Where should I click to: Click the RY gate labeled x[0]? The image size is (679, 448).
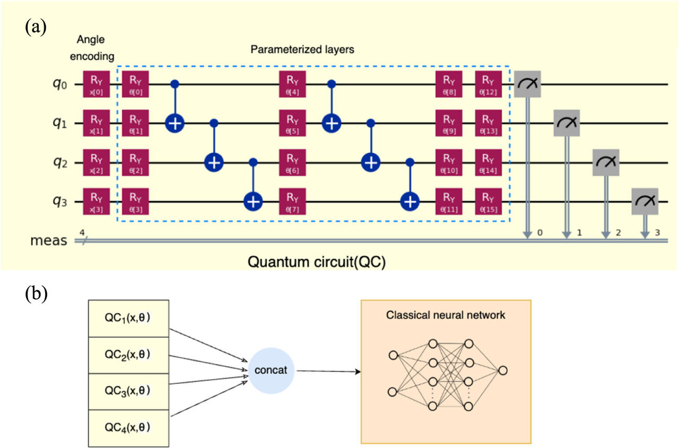click(x=96, y=84)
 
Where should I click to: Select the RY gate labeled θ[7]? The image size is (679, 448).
click(x=293, y=201)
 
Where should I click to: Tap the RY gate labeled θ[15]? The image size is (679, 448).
click(x=489, y=201)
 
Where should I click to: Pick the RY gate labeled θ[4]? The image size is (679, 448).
click(x=293, y=84)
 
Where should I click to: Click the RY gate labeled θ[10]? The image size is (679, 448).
click(x=449, y=162)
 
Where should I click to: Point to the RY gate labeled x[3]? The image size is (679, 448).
click(x=96, y=201)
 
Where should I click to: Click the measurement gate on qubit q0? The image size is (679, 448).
click(x=527, y=84)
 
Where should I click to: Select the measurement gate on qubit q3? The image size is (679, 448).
click(x=645, y=201)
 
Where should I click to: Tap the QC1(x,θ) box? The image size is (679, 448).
click(x=128, y=319)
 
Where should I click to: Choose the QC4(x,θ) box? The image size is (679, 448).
click(x=128, y=427)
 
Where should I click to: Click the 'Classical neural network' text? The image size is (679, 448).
click(x=446, y=315)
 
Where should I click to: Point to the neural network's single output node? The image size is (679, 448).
click(x=503, y=370)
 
